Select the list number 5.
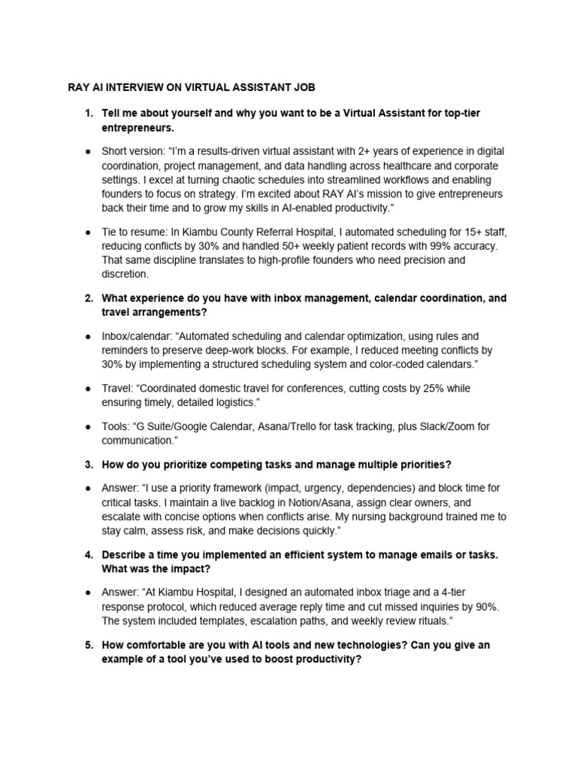[x=88, y=645]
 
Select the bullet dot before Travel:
[x=88, y=389]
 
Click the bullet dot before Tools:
[x=88, y=426]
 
